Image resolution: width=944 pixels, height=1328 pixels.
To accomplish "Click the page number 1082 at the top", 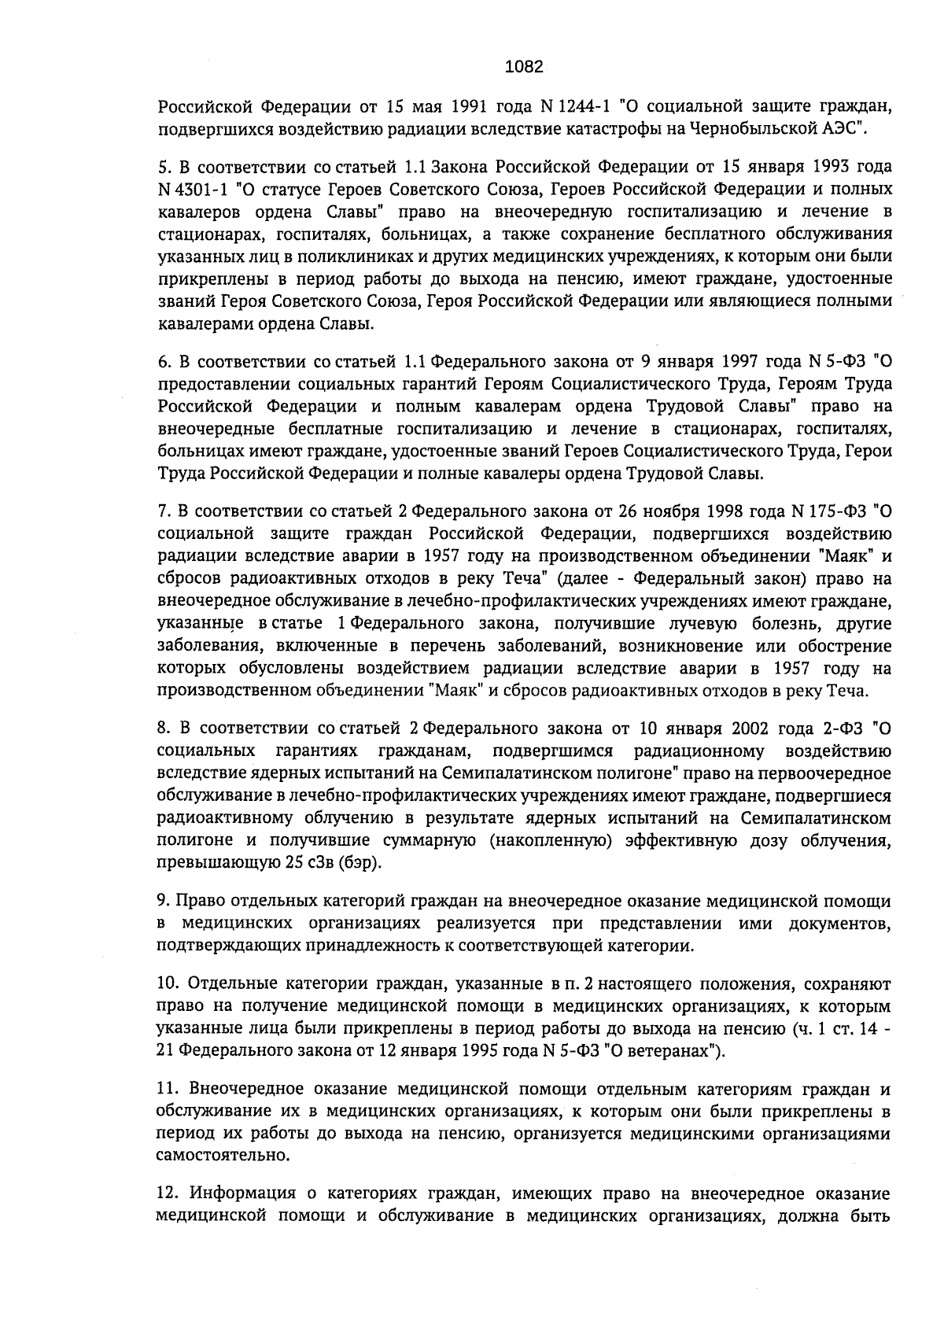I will (523, 67).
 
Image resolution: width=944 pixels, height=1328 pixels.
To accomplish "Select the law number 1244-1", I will (589, 106).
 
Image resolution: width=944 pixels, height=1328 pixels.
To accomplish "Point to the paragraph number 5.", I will (164, 168).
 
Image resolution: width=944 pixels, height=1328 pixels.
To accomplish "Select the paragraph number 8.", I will (164, 725).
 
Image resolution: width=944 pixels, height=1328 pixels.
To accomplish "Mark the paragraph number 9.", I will (163, 901).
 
